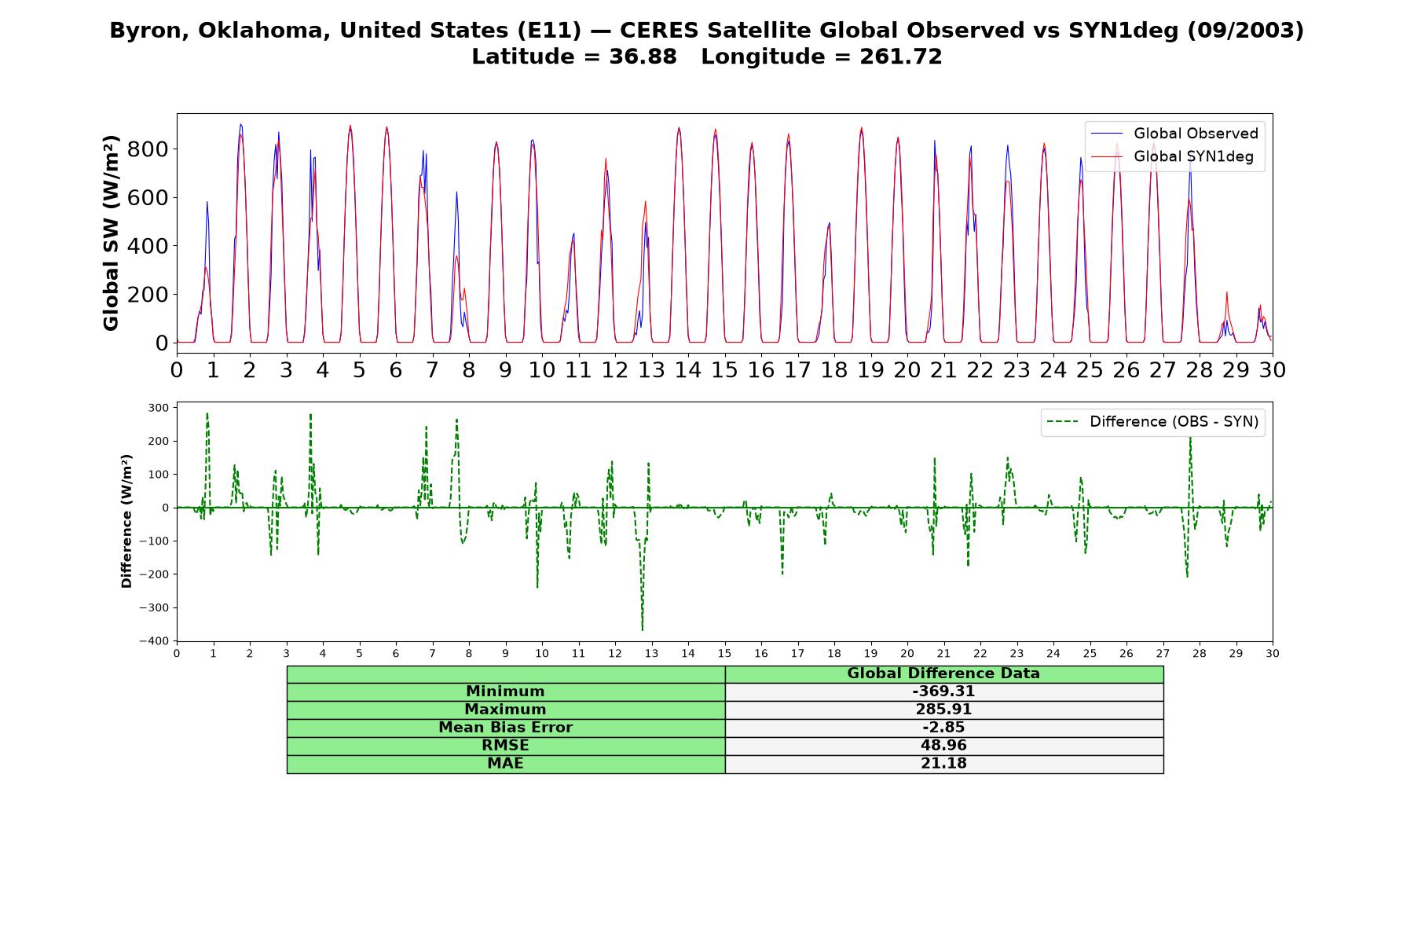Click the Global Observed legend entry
pyautogui.click(x=1175, y=134)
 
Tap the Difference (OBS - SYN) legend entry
pyautogui.click(x=1153, y=422)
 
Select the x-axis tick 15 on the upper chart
pyautogui.click(x=724, y=369)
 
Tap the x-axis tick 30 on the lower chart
pyautogui.click(x=1273, y=653)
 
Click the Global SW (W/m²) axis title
pyautogui.click(x=111, y=233)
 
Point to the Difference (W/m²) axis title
pyautogui.click(x=126, y=521)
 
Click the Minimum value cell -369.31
pyautogui.click(x=943, y=692)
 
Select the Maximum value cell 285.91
pyautogui.click(x=943, y=710)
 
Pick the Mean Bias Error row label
pyautogui.click(x=505, y=728)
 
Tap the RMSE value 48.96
pyautogui.click(x=943, y=746)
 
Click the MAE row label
pyautogui.click(x=505, y=764)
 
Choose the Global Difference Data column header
pyautogui.click(x=943, y=673)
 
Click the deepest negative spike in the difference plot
pyautogui.click(x=642, y=629)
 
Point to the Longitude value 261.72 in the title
pyautogui.click(x=901, y=57)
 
